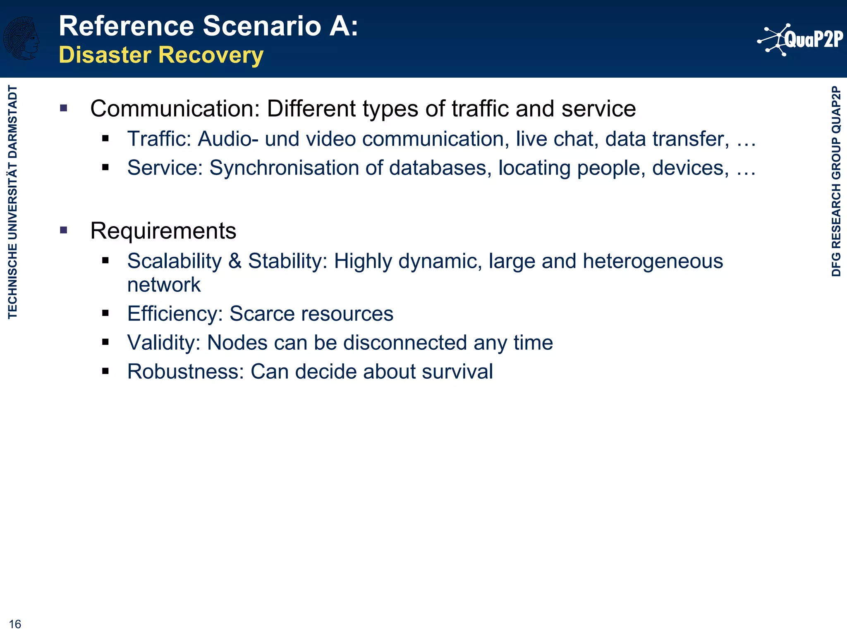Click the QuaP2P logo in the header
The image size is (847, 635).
800,40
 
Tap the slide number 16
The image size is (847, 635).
15,624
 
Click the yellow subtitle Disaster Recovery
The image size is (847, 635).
161,55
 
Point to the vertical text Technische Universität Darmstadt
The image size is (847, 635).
13,202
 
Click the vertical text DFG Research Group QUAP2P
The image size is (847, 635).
836,181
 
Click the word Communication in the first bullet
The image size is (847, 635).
175,109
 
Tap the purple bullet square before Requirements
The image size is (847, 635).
63,230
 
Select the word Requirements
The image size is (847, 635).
163,231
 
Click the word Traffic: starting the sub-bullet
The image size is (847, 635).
159,139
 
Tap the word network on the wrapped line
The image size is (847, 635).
164,285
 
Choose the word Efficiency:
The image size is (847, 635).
175,313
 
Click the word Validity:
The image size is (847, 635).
164,343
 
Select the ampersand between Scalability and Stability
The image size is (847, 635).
234,261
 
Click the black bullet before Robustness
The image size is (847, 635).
105,371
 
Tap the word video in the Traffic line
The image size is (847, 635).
331,139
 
